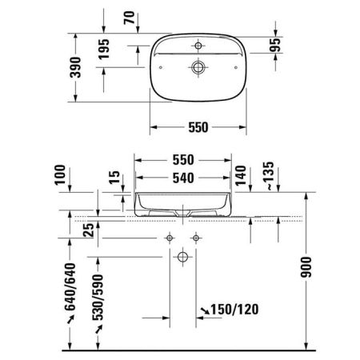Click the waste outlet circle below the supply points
(x=182, y=257)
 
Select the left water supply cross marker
(x=170, y=238)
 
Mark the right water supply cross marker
(x=194, y=238)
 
